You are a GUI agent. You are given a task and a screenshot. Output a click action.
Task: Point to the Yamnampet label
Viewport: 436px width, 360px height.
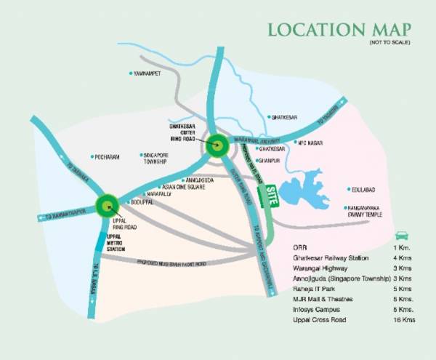click(x=148, y=73)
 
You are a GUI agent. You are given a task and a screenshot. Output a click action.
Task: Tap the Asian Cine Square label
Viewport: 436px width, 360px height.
click(x=180, y=186)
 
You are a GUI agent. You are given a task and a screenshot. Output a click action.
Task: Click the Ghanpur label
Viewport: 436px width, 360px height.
click(x=270, y=160)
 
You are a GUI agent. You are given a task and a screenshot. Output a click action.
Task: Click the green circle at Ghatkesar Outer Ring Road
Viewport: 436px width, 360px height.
click(x=217, y=145)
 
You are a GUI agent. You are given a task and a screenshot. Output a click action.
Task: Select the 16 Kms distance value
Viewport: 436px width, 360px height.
click(x=399, y=321)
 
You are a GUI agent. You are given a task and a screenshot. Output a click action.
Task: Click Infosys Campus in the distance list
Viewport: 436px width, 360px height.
click(x=313, y=310)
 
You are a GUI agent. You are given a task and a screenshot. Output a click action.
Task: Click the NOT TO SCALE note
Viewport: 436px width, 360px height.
click(x=390, y=44)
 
